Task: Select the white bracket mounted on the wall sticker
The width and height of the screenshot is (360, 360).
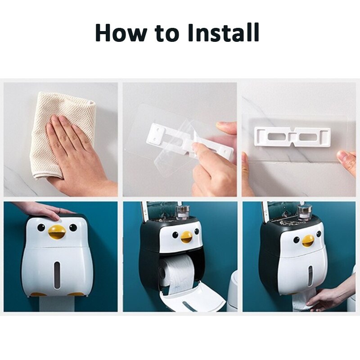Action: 292,135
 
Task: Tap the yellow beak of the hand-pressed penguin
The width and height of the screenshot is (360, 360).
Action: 57,232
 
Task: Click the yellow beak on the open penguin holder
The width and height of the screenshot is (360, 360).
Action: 186,236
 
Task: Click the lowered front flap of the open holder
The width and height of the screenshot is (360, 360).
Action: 193,299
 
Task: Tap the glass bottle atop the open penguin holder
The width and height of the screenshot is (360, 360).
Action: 183,211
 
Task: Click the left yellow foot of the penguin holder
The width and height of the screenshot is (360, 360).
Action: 38,294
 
